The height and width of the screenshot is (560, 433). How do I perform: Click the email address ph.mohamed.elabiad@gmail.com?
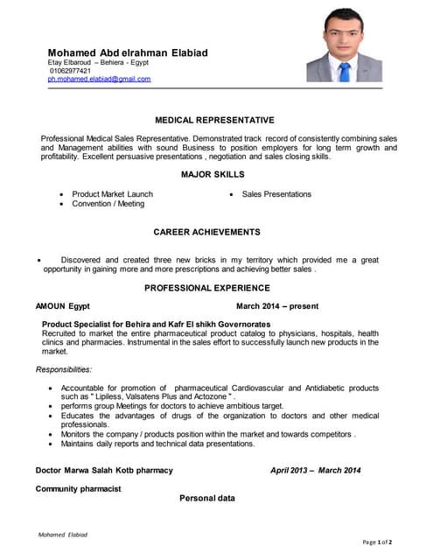pos(99,79)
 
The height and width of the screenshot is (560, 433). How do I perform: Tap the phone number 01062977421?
pos(70,71)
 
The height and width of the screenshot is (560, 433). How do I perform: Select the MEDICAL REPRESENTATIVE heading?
pos(214,120)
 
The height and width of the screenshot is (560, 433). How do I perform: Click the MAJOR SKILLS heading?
pos(214,175)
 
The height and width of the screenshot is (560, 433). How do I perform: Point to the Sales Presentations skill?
pos(276,194)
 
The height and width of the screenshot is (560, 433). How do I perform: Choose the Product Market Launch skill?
pos(113,194)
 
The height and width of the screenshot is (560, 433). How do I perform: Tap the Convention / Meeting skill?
pos(108,204)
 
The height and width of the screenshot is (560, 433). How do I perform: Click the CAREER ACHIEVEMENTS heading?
pos(207,232)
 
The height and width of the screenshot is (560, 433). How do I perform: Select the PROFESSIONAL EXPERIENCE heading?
pos(207,288)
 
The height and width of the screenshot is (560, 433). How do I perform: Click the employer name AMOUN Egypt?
pos(62,306)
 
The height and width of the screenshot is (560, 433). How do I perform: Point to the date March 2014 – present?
pos(277,306)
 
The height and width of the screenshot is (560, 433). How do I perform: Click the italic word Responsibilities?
pos(64,369)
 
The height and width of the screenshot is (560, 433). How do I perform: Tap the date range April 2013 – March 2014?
pos(315,471)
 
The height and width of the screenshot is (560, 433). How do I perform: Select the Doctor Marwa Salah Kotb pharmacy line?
pos(104,471)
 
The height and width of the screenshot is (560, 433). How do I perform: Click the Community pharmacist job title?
pos(78,488)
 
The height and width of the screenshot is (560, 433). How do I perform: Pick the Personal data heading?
pos(207,498)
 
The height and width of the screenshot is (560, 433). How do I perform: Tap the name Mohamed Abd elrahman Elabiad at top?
pos(128,52)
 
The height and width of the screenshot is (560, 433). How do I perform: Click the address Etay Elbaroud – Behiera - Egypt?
pos(98,63)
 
